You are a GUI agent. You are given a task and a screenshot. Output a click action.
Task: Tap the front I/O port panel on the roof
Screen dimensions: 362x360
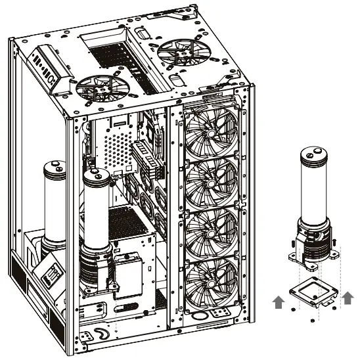[x=53, y=65]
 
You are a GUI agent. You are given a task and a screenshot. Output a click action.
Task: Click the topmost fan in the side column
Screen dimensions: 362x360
[x=212, y=132]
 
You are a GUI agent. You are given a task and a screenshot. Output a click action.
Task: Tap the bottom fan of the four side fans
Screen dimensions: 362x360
[x=212, y=283]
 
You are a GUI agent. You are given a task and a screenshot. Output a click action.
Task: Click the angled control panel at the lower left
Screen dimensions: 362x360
[x=49, y=276]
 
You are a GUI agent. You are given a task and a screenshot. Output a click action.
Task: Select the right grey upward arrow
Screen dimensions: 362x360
[x=348, y=296]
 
